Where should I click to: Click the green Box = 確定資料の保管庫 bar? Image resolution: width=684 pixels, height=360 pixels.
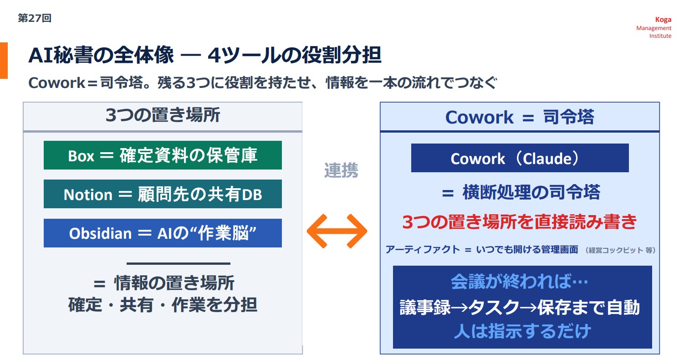tap(163, 155)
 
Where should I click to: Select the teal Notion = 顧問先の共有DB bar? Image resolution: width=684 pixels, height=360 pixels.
tap(163, 194)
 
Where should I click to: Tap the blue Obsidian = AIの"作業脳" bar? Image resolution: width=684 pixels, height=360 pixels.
tap(163, 233)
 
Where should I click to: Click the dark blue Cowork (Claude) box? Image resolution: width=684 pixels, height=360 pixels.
tap(520, 158)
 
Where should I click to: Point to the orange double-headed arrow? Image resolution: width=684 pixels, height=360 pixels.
tap(337, 231)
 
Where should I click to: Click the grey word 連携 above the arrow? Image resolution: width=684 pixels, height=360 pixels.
tap(341, 170)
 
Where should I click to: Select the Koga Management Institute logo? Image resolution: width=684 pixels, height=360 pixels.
tap(654, 27)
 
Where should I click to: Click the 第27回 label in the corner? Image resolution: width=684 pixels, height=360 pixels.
tap(35, 18)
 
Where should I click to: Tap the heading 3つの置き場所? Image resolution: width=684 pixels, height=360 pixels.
tap(163, 115)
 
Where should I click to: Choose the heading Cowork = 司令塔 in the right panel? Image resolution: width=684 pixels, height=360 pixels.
tap(520, 117)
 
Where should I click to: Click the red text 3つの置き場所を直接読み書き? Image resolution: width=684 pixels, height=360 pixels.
tap(520, 221)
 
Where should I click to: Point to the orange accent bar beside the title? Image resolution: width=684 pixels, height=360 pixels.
tap(4, 61)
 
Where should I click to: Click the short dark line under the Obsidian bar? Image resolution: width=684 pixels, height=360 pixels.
tap(179, 263)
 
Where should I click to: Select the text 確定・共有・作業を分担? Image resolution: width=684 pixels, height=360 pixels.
tap(163, 305)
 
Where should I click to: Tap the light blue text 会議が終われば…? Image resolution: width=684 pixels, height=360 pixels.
tap(520, 282)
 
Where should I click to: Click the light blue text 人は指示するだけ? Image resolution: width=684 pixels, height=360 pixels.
tap(522, 331)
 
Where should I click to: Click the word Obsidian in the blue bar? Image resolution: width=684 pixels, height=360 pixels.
tap(100, 233)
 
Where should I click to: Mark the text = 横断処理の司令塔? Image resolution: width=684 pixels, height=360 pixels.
tap(521, 192)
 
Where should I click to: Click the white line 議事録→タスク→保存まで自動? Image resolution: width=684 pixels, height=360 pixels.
tap(520, 307)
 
